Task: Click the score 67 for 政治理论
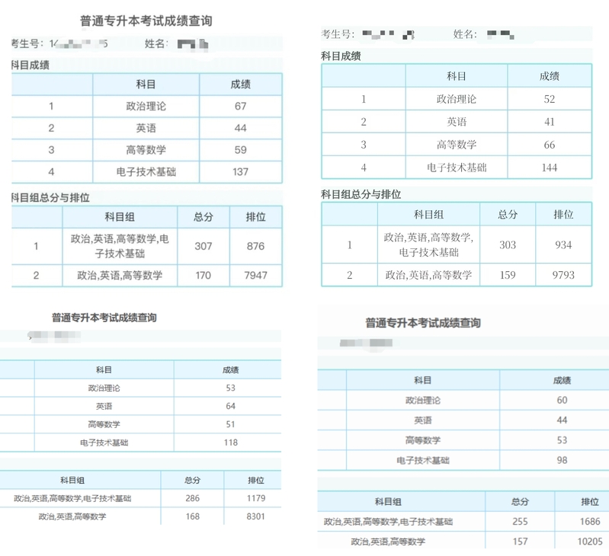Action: (x=241, y=107)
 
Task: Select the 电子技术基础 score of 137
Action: (x=241, y=171)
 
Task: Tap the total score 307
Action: (x=204, y=246)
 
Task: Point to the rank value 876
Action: (x=256, y=246)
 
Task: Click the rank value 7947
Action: (x=256, y=275)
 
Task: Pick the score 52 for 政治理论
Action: (x=550, y=99)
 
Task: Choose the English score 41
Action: (x=550, y=122)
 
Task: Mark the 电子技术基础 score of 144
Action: (x=550, y=168)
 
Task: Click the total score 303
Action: (x=508, y=245)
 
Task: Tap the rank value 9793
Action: (x=563, y=275)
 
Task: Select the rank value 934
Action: (x=563, y=245)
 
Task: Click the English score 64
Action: (x=231, y=406)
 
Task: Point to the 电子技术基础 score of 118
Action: (x=231, y=443)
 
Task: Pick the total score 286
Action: (x=192, y=498)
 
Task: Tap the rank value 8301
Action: (x=255, y=516)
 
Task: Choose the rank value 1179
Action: (x=255, y=498)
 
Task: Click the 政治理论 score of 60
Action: (x=563, y=400)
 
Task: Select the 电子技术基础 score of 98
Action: (x=563, y=460)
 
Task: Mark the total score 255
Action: (x=520, y=522)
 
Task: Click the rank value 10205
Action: (x=590, y=542)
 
